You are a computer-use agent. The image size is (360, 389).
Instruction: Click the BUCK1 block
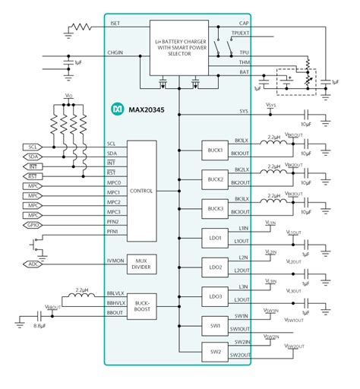click(x=213, y=150)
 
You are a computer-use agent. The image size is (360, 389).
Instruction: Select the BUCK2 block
click(x=213, y=179)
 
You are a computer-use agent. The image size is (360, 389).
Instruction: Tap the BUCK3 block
click(x=213, y=208)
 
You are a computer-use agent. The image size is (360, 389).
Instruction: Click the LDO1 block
click(x=213, y=238)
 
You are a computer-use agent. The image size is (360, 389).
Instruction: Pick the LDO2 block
click(x=213, y=267)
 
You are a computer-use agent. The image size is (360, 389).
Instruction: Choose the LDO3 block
click(x=213, y=296)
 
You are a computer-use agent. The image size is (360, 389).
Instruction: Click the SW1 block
click(x=213, y=325)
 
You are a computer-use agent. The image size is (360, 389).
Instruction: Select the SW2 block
click(x=213, y=352)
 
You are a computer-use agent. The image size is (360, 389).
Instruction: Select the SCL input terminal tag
click(x=33, y=146)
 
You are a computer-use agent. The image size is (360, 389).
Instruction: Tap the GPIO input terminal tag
click(x=33, y=225)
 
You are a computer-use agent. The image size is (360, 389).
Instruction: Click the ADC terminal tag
click(x=33, y=264)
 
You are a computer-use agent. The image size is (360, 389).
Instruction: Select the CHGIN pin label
click(x=115, y=53)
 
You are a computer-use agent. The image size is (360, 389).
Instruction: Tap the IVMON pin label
click(x=115, y=261)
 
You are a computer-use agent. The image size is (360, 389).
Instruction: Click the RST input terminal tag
click(x=33, y=176)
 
